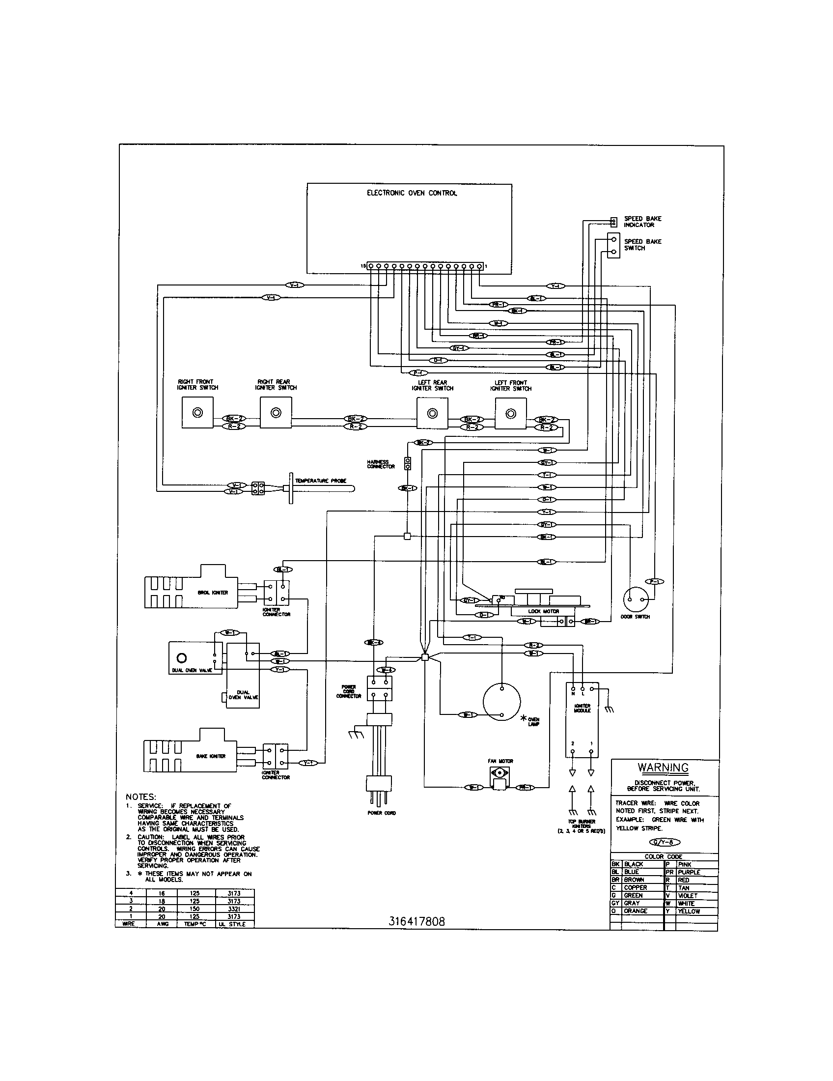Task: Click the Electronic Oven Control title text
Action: pyautogui.click(x=412, y=193)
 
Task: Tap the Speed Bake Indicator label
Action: pyautogui.click(x=642, y=222)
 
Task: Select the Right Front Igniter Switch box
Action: pyautogui.click(x=197, y=413)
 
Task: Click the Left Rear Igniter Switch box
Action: pyautogui.click(x=432, y=413)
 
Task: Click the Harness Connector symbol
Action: pyautogui.click(x=408, y=464)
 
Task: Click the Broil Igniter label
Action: pyautogui.click(x=213, y=593)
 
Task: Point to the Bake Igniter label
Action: pyautogui.click(x=211, y=756)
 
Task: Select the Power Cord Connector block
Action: pyautogui.click(x=379, y=688)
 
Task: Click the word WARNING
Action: pyautogui.click(x=663, y=768)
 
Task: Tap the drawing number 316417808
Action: pyautogui.click(x=416, y=921)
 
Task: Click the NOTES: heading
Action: pyautogui.click(x=141, y=797)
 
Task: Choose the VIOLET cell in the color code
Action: pyautogui.click(x=688, y=895)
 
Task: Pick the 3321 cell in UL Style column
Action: pyautogui.click(x=234, y=909)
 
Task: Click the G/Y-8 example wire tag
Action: pyautogui.click(x=665, y=842)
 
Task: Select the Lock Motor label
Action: pyautogui.click(x=543, y=611)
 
